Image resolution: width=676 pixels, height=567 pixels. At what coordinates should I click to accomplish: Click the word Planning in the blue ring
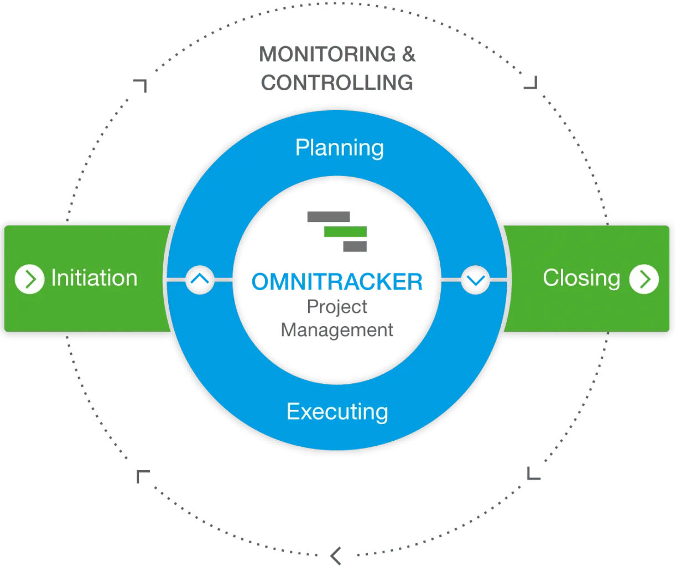point(339,148)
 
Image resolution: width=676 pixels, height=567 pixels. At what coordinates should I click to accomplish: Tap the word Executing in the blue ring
point(337,412)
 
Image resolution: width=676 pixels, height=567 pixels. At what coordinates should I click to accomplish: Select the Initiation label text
point(94,278)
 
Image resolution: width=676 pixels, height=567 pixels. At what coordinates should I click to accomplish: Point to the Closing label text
point(581,278)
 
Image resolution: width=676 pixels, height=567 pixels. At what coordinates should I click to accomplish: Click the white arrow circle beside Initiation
point(29,279)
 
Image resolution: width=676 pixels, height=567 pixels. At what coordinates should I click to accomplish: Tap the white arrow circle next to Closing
point(644,279)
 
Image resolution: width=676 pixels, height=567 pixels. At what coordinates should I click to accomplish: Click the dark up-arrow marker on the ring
point(200,280)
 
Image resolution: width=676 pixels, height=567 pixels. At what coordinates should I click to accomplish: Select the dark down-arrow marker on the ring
point(475,280)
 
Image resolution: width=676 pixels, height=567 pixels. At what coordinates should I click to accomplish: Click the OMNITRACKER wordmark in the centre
point(337,281)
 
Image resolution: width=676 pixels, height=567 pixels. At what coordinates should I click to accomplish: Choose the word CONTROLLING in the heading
point(337,83)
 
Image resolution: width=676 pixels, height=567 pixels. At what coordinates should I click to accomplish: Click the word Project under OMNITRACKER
point(337,306)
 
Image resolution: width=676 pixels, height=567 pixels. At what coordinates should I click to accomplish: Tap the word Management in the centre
point(337,330)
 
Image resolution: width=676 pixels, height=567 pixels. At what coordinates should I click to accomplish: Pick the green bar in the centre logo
point(345,232)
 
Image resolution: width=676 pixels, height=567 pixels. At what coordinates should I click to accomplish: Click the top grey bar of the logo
point(329,217)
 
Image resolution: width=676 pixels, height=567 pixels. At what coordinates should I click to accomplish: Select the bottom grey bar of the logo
point(354,246)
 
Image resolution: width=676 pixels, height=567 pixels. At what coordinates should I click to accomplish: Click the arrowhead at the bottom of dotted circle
point(335,554)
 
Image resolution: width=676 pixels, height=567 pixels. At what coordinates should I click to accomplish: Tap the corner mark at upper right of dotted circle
point(532,84)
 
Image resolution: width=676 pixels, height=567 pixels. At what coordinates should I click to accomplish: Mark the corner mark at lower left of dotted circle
point(142,476)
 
